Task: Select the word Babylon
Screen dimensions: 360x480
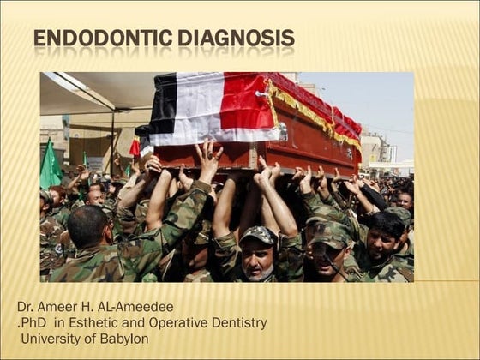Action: [123, 338]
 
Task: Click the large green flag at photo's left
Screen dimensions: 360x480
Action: [50, 167]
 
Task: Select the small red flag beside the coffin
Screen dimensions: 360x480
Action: [135, 147]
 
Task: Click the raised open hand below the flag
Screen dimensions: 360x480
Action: [208, 159]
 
